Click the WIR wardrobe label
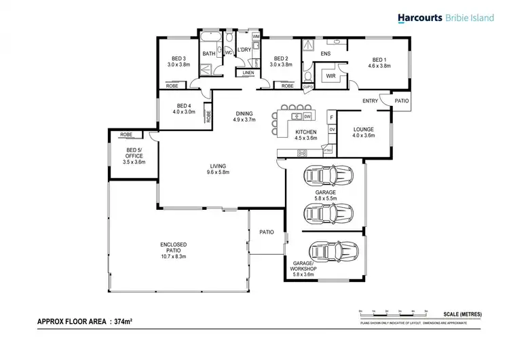(x=331, y=77)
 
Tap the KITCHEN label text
(x=306, y=133)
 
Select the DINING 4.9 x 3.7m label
(x=244, y=116)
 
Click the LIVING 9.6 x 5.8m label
(x=218, y=169)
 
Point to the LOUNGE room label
(x=362, y=130)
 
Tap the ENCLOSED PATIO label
(x=174, y=248)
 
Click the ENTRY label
(x=370, y=101)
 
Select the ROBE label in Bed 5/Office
(x=126, y=134)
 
